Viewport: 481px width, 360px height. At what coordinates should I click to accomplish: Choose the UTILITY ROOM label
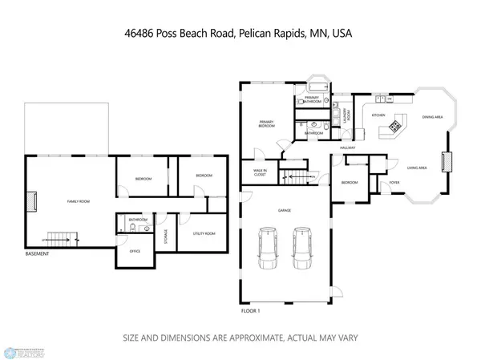(x=204, y=233)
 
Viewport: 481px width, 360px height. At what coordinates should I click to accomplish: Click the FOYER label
(x=394, y=182)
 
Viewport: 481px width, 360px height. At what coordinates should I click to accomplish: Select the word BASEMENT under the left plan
(x=38, y=254)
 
